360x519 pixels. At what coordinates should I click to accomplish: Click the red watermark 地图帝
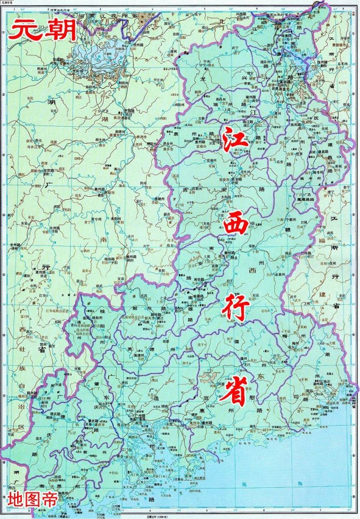(33, 499)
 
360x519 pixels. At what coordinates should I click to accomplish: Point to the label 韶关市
(155, 319)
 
